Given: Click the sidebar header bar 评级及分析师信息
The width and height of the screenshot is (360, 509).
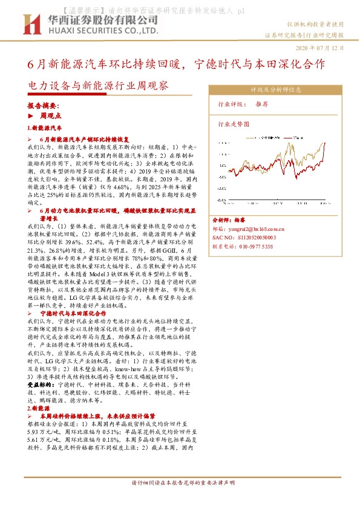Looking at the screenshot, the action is pyautogui.click(x=276, y=89).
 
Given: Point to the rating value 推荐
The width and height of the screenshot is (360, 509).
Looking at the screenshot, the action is pyautogui.click(x=262, y=105).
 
